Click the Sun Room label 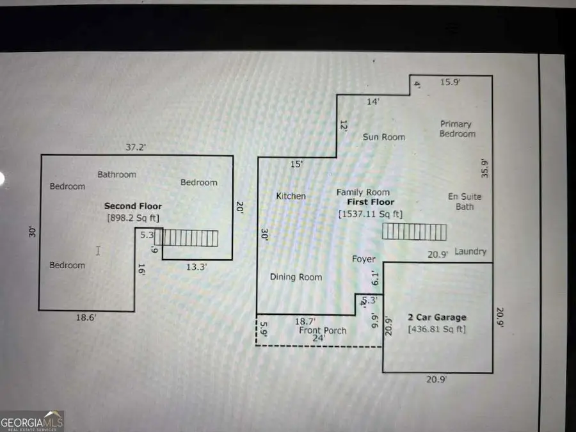tap(384, 137)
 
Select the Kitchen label tap(291, 196)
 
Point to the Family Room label tap(364, 192)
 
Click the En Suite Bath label tap(465, 201)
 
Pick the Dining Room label tap(296, 277)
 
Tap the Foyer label tap(364, 259)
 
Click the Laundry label tap(470, 252)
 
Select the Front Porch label tap(323, 330)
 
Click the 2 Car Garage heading tap(437, 317)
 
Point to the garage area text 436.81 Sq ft tap(437, 330)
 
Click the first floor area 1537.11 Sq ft tap(370, 214)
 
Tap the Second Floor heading tap(133, 206)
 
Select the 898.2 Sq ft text tap(133, 218)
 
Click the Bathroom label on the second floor tap(116, 174)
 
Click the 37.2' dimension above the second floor tap(135, 147)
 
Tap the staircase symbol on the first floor tap(414, 232)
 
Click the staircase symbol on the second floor tap(190, 239)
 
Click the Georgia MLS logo tap(32, 422)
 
